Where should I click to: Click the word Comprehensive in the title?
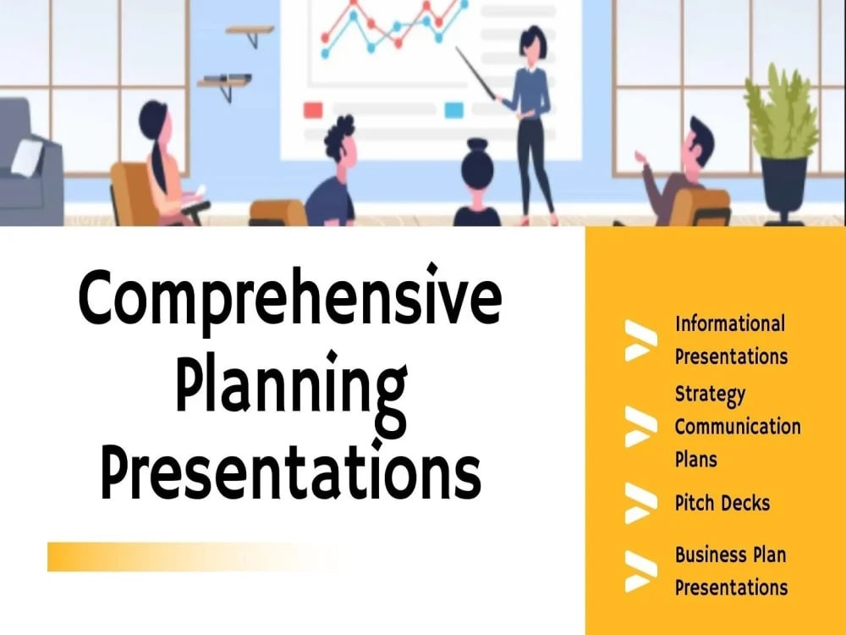pos(290,298)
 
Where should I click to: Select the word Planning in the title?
pos(291,389)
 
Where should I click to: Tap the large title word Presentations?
pos(290,470)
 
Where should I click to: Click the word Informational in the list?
pos(730,323)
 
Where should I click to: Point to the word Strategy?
pos(710,395)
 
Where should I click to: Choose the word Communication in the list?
pos(738,426)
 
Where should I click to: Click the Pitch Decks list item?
pos(722,503)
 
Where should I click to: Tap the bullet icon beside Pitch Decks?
pos(641,503)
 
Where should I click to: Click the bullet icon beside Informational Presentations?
pos(641,340)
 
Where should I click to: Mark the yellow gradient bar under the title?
pos(195,557)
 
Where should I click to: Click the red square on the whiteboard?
pos(313,110)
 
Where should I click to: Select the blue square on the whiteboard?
pos(453,109)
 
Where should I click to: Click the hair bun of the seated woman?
pos(477,146)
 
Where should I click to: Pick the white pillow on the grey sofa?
pos(27,157)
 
